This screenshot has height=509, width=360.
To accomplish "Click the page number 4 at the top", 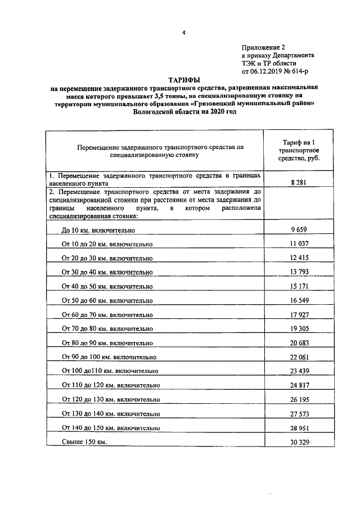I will pos(183,32).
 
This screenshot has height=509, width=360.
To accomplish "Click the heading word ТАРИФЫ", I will pos(184,81).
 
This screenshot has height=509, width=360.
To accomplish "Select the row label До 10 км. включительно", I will pos(98,230).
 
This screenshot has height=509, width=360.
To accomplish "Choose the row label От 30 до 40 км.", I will pos(107,272).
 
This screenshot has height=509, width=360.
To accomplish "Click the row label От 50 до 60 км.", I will pos(107,300).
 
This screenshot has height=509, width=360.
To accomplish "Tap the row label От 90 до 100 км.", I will pos(109,357).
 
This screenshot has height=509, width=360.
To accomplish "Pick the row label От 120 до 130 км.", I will pos(110,399).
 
